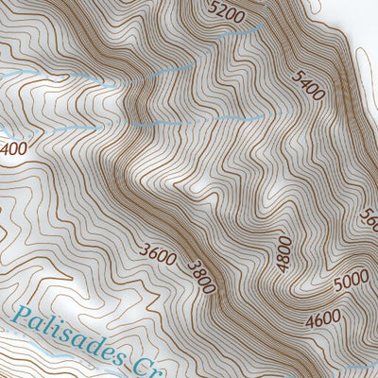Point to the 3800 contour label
(201, 276)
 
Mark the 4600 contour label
(322, 321)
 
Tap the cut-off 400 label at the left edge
(12, 149)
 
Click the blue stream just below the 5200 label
(236, 34)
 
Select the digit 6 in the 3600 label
(151, 251)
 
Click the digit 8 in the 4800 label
(284, 257)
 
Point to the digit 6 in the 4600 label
(318, 322)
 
